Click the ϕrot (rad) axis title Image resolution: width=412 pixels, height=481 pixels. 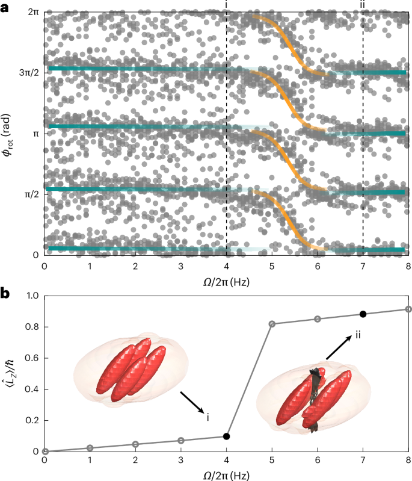pyautogui.click(x=8, y=133)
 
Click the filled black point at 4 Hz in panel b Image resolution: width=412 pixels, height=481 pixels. pyautogui.click(x=226, y=436)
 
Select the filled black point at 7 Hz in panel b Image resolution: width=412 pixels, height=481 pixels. pyautogui.click(x=363, y=314)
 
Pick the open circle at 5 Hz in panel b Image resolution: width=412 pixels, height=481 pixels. pyautogui.click(x=272, y=324)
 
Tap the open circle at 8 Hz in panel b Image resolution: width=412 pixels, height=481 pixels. pyautogui.click(x=408, y=309)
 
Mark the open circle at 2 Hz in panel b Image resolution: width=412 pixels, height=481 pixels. pyautogui.click(x=135, y=444)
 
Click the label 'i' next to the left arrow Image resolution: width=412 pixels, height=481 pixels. pyautogui.click(x=207, y=417)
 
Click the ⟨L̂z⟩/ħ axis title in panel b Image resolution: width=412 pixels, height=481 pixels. pyautogui.click(x=8, y=373)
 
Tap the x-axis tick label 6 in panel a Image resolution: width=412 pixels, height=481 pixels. pyautogui.click(x=317, y=266)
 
